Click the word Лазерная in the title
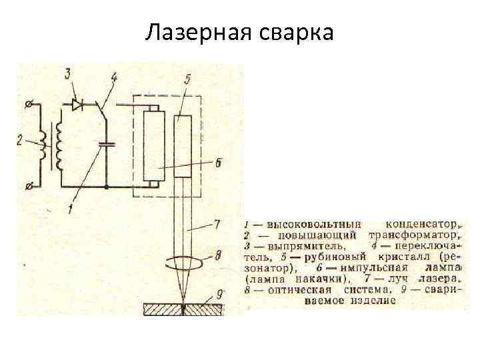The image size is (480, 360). [x=193, y=31]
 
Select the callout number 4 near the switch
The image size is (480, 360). [x=113, y=78]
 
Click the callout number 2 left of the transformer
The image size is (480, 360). [x=21, y=139]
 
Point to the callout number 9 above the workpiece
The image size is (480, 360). [x=221, y=293]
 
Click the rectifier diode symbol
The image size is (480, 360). [x=78, y=104]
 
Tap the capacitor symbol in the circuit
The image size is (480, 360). [x=106, y=143]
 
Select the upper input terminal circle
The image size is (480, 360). [x=27, y=105]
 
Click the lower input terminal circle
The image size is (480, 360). [x=27, y=185]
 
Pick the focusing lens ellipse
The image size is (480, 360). [x=184, y=259]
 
